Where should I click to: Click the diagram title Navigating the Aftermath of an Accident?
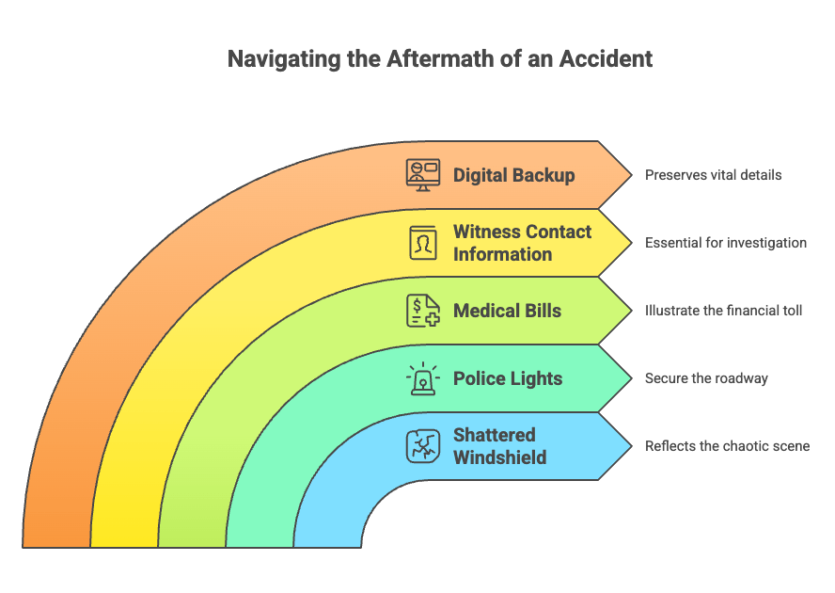pyautogui.click(x=440, y=58)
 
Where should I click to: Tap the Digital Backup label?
pyautogui.click(x=514, y=175)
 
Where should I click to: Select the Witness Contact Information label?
pyautogui.click(x=523, y=243)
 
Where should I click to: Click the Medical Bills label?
pyautogui.click(x=507, y=311)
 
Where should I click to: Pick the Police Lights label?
pyautogui.click(x=508, y=378)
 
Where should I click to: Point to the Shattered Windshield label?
pyautogui.click(x=499, y=446)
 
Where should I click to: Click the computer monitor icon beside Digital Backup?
pyautogui.click(x=423, y=175)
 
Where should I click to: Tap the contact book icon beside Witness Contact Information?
pyautogui.click(x=423, y=243)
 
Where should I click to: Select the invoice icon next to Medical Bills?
pyautogui.click(x=423, y=311)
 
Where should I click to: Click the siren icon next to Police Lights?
pyautogui.click(x=423, y=378)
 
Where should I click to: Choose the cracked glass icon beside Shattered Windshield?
pyautogui.click(x=423, y=446)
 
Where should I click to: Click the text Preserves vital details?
pyautogui.click(x=713, y=175)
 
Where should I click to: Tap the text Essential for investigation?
pyautogui.click(x=726, y=243)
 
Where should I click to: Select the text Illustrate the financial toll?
pyautogui.click(x=723, y=311)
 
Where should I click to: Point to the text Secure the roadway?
pyautogui.click(x=706, y=378)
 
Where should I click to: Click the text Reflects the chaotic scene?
pyautogui.click(x=728, y=446)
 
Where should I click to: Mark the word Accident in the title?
pyautogui.click(x=606, y=58)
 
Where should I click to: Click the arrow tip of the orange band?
pyautogui.click(x=632, y=175)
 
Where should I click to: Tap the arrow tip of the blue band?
pyautogui.click(x=632, y=446)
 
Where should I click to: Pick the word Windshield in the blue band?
pyautogui.click(x=499, y=457)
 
